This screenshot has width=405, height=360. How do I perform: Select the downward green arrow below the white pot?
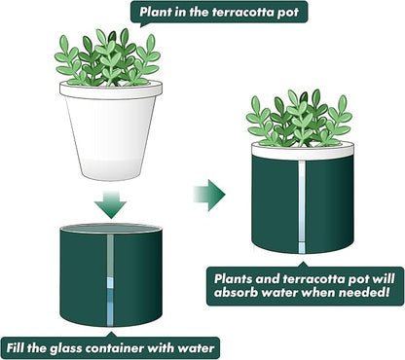pos(111,203)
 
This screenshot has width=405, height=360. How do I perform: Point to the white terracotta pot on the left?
pos(110,136)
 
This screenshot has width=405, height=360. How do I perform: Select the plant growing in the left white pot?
pos(107,58)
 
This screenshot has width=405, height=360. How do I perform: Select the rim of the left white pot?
pos(110,89)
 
